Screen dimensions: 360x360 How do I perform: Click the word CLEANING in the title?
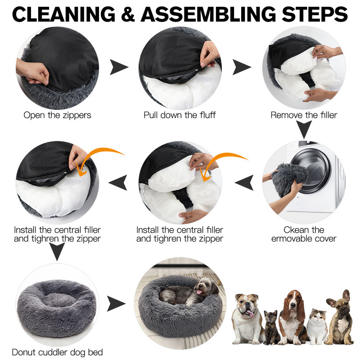pos(64,14)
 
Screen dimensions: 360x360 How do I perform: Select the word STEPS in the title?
pos(315,14)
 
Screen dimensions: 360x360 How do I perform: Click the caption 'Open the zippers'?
pos(58,115)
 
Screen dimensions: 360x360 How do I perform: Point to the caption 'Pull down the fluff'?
pos(180,115)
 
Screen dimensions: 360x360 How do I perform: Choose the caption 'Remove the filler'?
pos(304,115)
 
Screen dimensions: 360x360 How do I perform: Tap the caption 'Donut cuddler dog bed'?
pos(58,352)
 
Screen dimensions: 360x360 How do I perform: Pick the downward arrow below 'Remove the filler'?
pos(304,129)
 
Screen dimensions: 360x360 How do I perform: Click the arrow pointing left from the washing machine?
pos(244,183)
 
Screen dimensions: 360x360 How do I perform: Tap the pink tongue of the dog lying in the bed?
pos(199,292)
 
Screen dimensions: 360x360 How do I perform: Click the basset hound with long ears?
pos(293,317)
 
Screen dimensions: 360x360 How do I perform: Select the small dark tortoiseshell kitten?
pos(272,327)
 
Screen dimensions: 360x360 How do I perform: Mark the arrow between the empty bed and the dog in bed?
pos(116,304)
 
